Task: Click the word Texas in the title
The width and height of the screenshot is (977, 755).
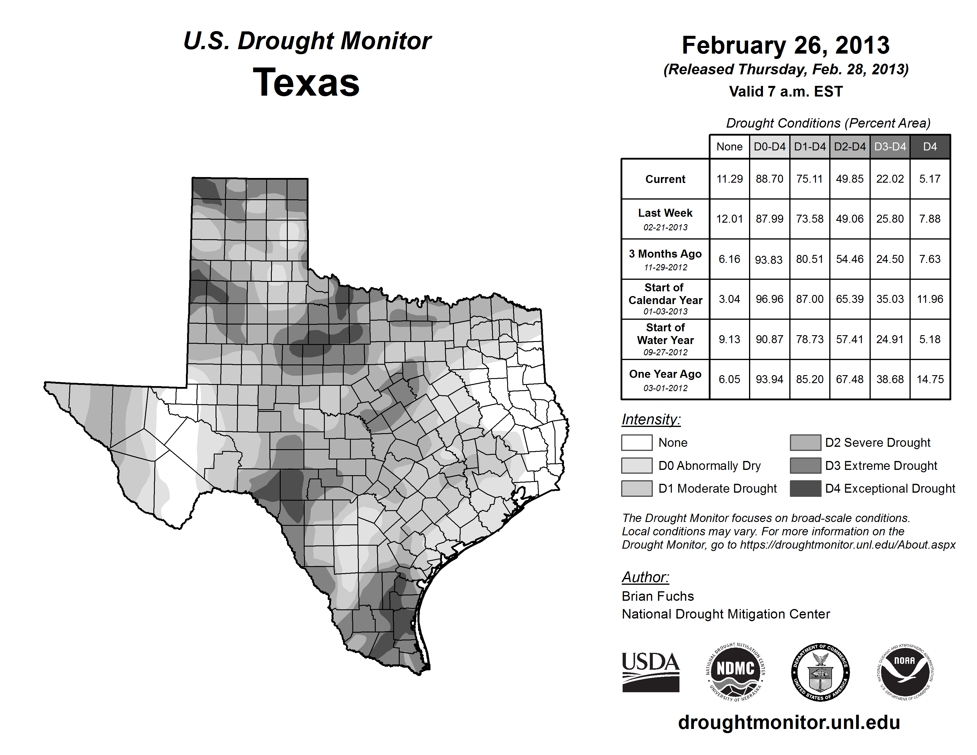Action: (x=306, y=83)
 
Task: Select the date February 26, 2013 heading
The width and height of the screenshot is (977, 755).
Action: (x=785, y=45)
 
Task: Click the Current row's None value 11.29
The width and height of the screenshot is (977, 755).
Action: (x=729, y=179)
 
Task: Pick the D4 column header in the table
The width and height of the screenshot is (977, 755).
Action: (x=930, y=147)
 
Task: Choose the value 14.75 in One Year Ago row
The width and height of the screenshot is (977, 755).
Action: (x=930, y=379)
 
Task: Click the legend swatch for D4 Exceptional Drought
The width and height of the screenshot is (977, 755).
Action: (x=805, y=489)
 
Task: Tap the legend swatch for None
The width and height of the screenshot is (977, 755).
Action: (x=637, y=442)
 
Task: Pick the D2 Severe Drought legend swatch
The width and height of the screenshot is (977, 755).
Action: (x=805, y=442)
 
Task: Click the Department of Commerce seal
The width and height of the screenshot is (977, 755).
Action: (x=820, y=672)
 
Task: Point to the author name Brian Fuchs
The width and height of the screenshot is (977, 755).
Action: (x=658, y=596)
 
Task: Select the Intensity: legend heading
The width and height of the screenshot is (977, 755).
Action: (x=651, y=420)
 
